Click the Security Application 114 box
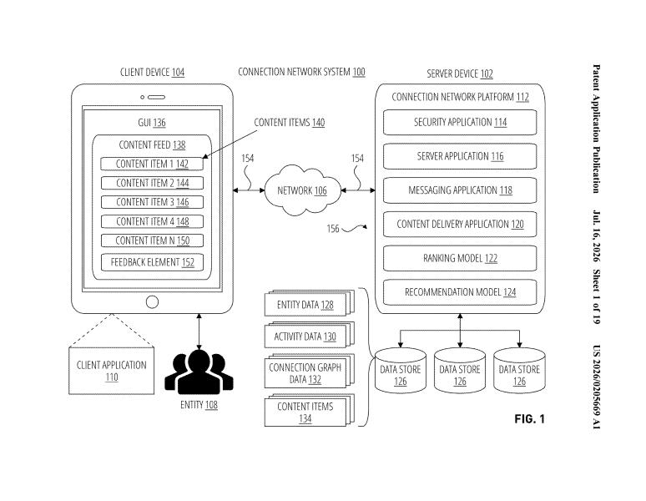coord(460,122)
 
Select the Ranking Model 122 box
coord(460,258)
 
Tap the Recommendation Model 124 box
coord(460,292)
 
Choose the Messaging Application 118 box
coord(460,190)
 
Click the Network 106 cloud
coord(302,190)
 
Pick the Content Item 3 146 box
coord(152,202)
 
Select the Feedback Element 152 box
coord(152,262)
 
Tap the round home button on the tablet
coord(152,302)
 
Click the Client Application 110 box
coord(111,371)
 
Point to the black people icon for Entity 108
coord(199,372)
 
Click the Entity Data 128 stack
coord(310,303)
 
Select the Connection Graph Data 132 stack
coord(310,371)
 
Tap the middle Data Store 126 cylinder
coord(460,371)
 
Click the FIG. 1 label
coord(529,419)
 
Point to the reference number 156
coord(332,228)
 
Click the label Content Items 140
coord(290,123)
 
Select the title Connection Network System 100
coord(301,72)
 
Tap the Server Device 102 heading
coord(460,73)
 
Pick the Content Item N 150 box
coord(152,240)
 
